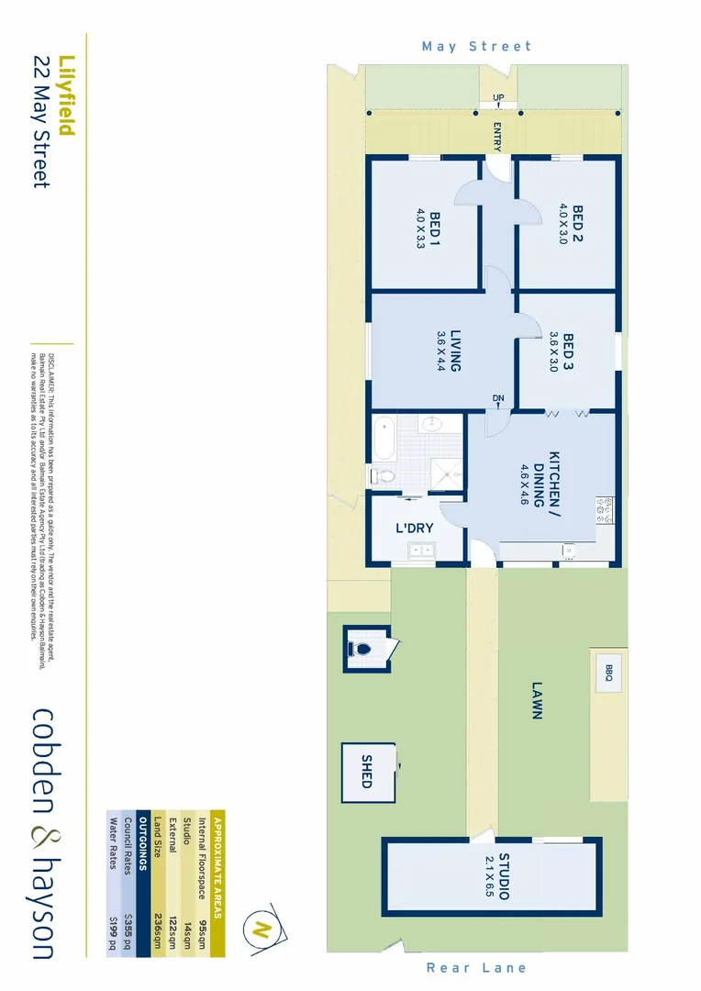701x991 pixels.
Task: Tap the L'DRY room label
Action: pyautogui.click(x=414, y=529)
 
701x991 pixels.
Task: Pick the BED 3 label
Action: pyautogui.click(x=567, y=354)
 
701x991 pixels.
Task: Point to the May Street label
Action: pyautogui.click(x=476, y=46)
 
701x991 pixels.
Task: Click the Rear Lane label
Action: pyautogui.click(x=476, y=967)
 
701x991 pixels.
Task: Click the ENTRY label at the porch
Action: pyautogui.click(x=496, y=137)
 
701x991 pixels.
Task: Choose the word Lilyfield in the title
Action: pyautogui.click(x=65, y=96)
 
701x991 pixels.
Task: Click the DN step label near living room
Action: pyautogui.click(x=497, y=397)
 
